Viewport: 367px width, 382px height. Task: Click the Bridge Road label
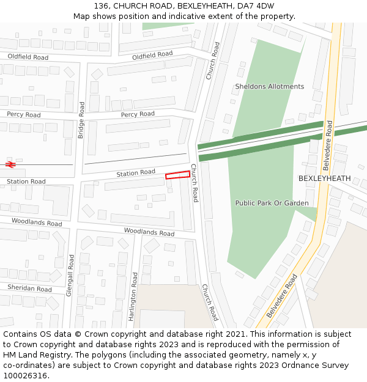tap(81, 120)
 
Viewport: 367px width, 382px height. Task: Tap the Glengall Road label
tap(70, 275)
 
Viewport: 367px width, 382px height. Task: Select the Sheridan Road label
tap(29, 288)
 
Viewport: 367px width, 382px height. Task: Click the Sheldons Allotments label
tap(269, 87)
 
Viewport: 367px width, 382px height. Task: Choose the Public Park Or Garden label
tap(272, 203)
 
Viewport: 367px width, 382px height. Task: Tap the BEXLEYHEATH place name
tap(324, 178)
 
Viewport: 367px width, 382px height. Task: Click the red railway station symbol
tap(10, 164)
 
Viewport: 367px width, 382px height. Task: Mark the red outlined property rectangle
tap(177, 175)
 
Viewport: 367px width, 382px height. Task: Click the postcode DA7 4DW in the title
tap(256, 6)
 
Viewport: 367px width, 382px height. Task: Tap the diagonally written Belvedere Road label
tap(282, 296)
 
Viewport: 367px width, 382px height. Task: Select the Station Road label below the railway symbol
tap(26, 182)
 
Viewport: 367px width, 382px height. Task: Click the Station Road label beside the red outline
tap(136, 174)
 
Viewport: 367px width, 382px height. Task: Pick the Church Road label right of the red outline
tap(195, 183)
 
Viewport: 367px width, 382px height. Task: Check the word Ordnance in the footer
tap(298, 365)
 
